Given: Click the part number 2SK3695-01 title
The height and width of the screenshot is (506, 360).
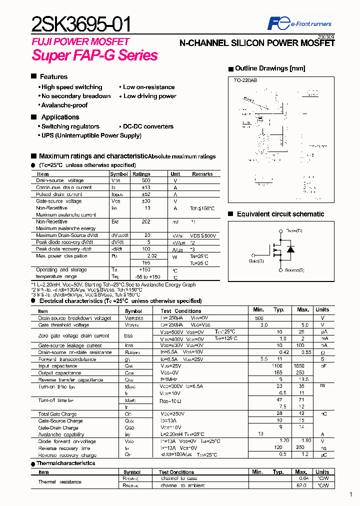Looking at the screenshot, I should [82, 24].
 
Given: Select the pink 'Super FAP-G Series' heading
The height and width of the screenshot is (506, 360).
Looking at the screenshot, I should [95, 55].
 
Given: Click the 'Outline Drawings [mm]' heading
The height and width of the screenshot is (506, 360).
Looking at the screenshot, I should [269, 68].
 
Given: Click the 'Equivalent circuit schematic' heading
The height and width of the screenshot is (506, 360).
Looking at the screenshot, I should [280, 214].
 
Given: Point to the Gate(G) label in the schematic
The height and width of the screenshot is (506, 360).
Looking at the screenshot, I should [257, 260].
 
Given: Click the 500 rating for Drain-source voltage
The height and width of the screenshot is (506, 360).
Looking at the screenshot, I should [146, 180].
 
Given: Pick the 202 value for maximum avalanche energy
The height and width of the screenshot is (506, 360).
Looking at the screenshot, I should [146, 221].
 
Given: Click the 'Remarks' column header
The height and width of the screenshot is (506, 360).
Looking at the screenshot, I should [202, 174].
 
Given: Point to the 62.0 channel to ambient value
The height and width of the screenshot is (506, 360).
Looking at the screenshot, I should [301, 485].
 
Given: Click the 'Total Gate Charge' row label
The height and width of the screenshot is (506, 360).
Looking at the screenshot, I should [58, 414].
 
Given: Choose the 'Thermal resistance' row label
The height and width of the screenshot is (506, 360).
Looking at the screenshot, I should [59, 482].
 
